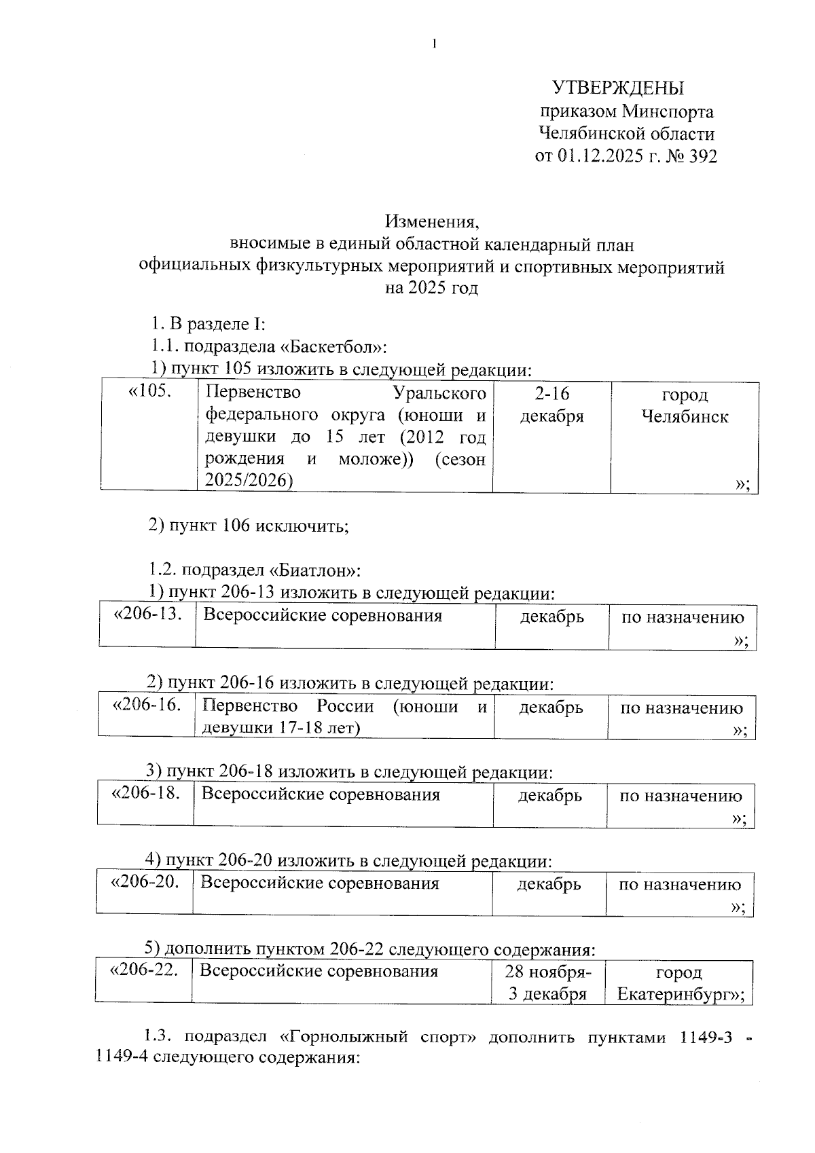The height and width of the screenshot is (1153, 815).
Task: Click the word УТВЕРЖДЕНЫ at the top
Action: [617, 88]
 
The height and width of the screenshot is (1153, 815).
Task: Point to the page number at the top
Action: [433, 45]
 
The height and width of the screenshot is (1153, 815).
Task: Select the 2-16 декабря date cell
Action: [551, 405]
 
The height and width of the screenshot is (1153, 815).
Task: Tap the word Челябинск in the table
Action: [685, 416]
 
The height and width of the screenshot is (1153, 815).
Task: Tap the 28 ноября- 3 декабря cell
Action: [547, 983]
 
